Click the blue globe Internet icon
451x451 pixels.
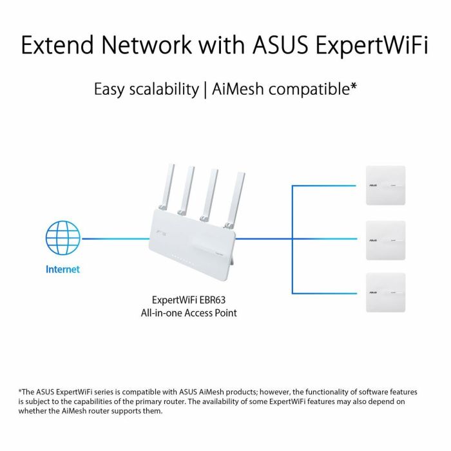click(x=62, y=238)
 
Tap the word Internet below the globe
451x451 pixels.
click(x=62, y=269)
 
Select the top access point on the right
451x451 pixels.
click(x=385, y=186)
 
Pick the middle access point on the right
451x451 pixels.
click(x=385, y=240)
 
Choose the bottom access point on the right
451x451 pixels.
click(x=385, y=293)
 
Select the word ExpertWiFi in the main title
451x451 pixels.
click(x=379, y=46)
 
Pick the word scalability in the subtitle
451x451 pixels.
click(x=163, y=89)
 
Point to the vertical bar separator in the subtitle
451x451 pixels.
click(x=204, y=89)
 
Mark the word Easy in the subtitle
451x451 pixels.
click(x=110, y=89)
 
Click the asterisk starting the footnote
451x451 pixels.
click(x=20, y=390)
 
